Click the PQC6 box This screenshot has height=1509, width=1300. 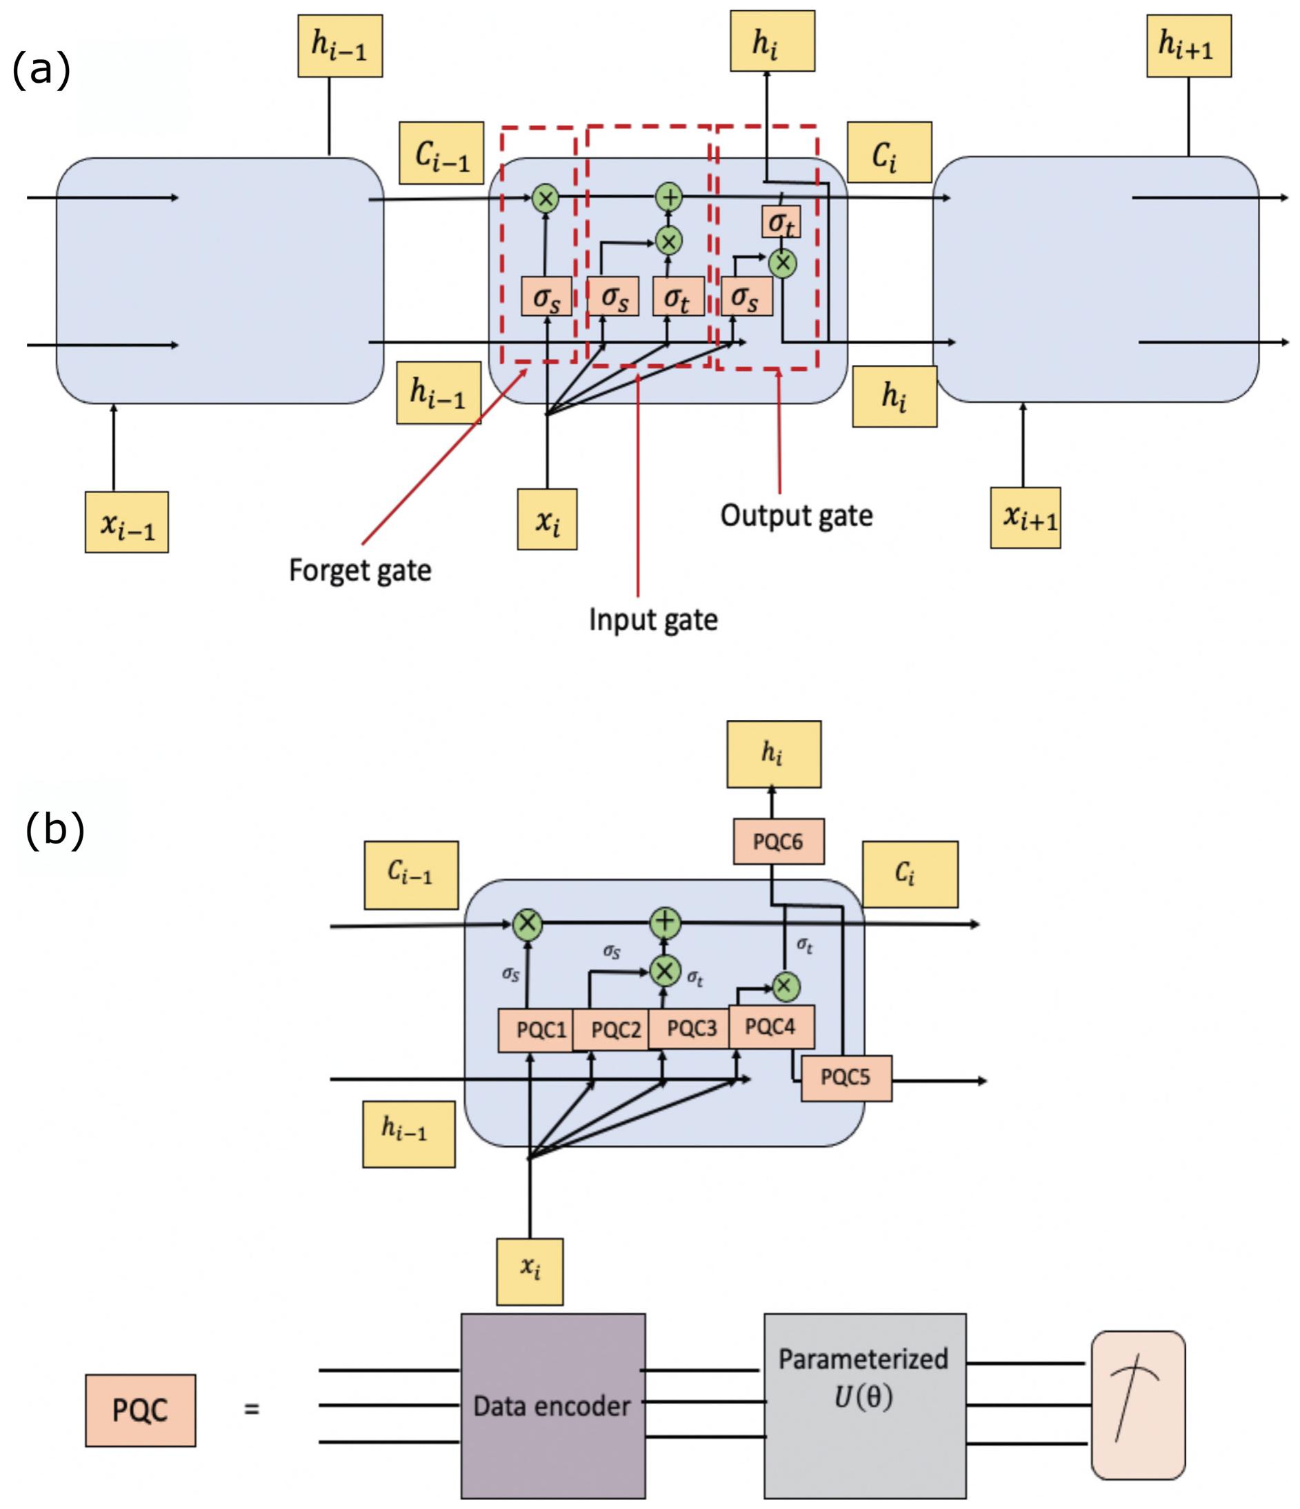(x=778, y=842)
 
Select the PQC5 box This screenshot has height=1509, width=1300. (x=846, y=1078)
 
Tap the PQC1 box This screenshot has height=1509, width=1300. (x=536, y=1030)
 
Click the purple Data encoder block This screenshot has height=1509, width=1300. (x=553, y=1406)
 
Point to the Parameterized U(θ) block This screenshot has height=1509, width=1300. (x=864, y=1406)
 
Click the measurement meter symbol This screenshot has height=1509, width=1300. (x=1138, y=1406)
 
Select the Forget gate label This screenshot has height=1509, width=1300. (x=360, y=570)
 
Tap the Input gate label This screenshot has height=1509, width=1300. (x=652, y=620)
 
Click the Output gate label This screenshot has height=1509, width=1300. (x=796, y=516)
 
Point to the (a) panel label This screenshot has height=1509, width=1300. (x=41, y=70)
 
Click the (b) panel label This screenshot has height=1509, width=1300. (x=54, y=830)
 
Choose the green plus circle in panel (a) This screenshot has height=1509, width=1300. (x=668, y=197)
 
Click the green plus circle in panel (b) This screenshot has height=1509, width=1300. (x=664, y=922)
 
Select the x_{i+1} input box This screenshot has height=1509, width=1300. (x=1025, y=518)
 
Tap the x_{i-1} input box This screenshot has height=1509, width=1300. (x=127, y=522)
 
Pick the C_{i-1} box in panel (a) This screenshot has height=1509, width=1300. (x=441, y=153)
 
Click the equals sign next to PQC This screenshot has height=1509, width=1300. (x=251, y=1409)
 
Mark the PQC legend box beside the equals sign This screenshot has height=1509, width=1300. (x=141, y=1410)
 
